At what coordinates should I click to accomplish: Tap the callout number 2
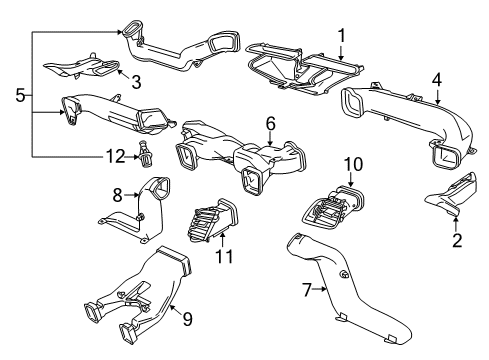pos(458,241)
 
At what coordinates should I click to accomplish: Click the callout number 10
pos(353,163)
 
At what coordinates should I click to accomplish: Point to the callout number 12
pos(116,155)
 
